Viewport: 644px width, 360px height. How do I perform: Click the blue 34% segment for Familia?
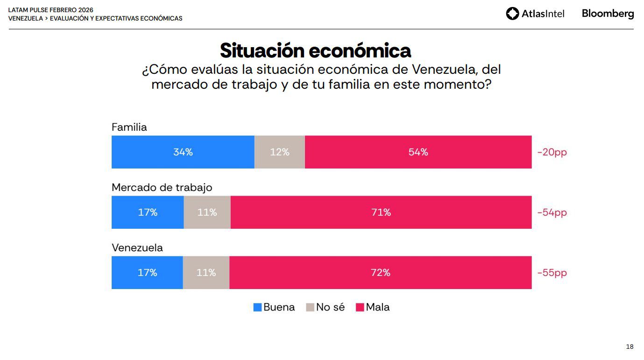point(183,152)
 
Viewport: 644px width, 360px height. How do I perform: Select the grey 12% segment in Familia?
point(279,152)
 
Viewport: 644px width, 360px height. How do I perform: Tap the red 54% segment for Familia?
point(418,152)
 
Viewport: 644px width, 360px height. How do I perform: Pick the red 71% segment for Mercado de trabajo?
point(381,212)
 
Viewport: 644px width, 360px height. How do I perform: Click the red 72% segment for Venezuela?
point(380,272)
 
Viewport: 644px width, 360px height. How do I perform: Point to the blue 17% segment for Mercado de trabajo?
point(148,212)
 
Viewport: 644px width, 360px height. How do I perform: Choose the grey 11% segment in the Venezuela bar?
point(206,272)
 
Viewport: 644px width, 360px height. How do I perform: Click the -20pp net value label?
point(552,152)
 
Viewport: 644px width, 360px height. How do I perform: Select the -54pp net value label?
point(552,212)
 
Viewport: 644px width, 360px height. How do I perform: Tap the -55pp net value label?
point(552,273)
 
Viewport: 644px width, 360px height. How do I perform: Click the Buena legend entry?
point(274,307)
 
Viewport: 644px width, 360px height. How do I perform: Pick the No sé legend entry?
point(326,307)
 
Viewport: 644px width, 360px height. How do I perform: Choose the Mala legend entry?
point(373,307)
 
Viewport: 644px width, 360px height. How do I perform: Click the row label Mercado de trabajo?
point(162,187)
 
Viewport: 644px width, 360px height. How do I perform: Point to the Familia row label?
point(129,127)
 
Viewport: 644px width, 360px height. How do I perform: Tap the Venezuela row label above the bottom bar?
point(137,247)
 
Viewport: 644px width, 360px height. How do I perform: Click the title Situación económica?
point(315,50)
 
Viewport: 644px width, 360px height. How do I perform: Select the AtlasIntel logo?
point(535,14)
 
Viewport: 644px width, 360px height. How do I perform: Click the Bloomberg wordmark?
point(608,14)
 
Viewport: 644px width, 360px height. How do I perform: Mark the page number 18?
point(630,346)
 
